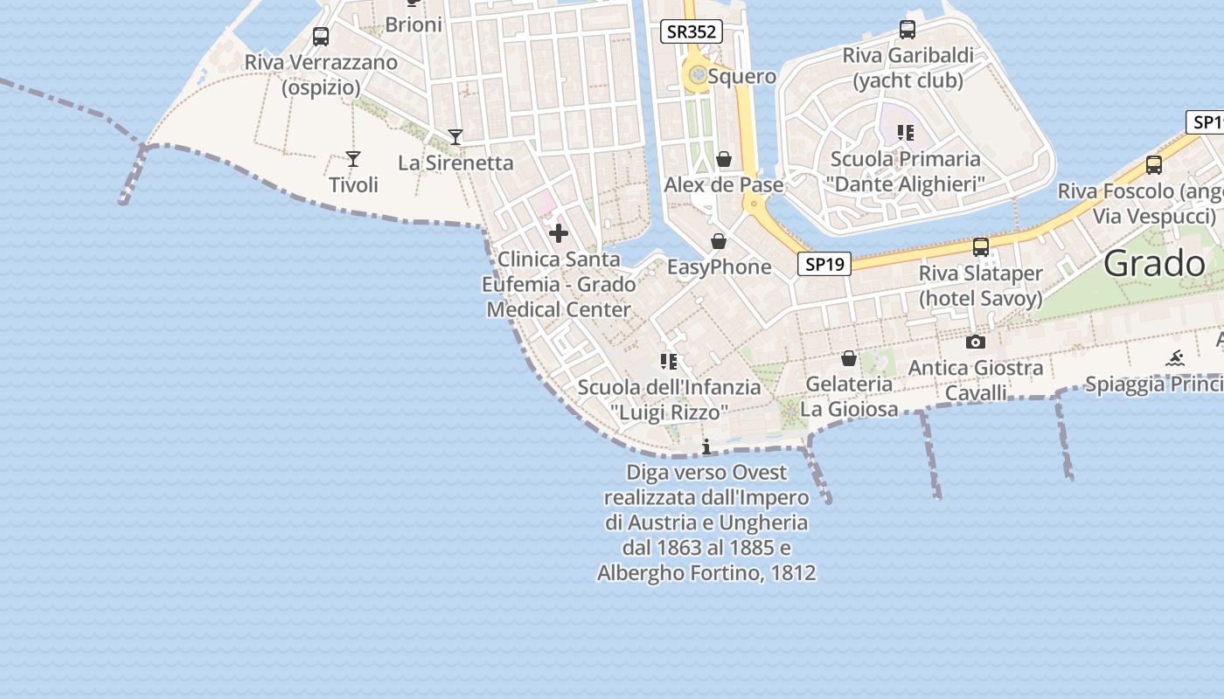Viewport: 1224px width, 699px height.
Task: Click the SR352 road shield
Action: [691, 32]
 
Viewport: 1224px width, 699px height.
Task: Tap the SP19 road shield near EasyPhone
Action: [824, 263]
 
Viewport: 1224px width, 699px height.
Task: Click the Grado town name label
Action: [1154, 263]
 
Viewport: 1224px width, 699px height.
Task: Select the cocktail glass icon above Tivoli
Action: [353, 158]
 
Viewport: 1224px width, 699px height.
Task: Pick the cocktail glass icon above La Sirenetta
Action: [456, 136]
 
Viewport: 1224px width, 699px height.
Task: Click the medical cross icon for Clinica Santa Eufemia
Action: [559, 233]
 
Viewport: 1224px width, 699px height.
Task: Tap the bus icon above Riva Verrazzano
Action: [321, 37]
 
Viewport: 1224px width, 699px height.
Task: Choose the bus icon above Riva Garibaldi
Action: [908, 30]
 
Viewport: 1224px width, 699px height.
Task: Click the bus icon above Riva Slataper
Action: [981, 247]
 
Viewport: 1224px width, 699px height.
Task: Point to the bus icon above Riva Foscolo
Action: [1154, 164]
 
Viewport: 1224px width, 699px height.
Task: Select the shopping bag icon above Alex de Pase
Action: [724, 159]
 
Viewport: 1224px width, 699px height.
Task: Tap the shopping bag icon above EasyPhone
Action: [719, 241]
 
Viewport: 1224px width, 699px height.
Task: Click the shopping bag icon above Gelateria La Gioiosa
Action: [848, 358]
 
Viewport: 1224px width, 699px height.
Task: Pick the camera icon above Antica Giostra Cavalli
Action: [976, 342]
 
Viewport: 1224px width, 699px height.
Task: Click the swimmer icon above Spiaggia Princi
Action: [1175, 358]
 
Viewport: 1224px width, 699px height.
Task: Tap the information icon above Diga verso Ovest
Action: [706, 447]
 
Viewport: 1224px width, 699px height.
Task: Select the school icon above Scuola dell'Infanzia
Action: [669, 361]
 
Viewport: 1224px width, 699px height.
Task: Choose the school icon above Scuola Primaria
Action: [906, 133]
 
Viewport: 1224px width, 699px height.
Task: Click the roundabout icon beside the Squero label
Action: [697, 76]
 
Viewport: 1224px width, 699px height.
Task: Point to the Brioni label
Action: [414, 24]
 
